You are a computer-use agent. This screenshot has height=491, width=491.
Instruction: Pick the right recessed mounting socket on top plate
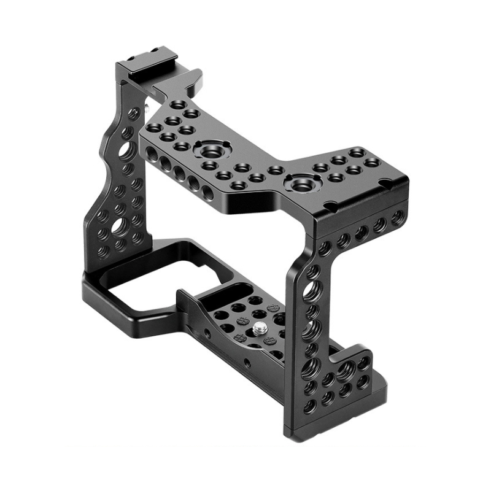pyautogui.click(x=299, y=182)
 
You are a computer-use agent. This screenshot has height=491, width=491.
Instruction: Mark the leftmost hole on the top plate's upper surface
pyautogui.click(x=153, y=128)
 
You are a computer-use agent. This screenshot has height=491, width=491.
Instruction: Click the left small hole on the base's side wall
pyautogui.click(x=207, y=333)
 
